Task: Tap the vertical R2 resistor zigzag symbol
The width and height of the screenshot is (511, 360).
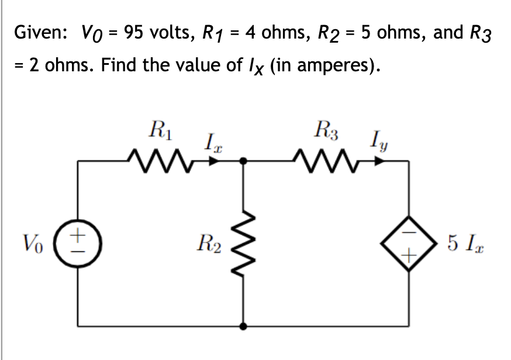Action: [x=244, y=241]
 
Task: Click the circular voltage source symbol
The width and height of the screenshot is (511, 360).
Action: [x=80, y=241]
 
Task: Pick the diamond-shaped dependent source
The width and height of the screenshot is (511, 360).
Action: [x=408, y=241]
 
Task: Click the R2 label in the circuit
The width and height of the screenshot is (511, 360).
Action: [x=209, y=241]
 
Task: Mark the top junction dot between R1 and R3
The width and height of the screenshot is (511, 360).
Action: [x=244, y=159]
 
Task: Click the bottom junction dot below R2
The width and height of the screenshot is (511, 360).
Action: [x=244, y=324]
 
